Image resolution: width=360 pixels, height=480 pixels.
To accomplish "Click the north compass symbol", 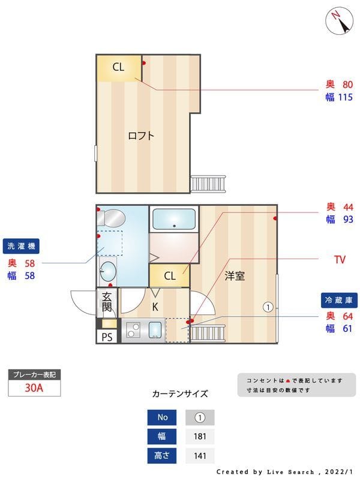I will point(339,21).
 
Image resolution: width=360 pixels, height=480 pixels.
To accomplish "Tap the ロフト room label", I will point(141,135).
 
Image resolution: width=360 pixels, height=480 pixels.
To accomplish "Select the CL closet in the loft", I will point(119,68).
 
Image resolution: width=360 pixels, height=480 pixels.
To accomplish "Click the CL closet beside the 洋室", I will point(170,276).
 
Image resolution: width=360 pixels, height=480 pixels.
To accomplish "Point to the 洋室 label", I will point(235,276).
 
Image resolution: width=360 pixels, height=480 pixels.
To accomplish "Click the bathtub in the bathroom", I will point(174,219).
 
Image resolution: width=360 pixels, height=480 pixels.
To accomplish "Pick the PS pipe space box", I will point(107,337).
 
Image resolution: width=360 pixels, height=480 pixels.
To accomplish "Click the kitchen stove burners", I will point(133,331).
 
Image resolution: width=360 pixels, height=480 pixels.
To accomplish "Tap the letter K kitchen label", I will point(155,307).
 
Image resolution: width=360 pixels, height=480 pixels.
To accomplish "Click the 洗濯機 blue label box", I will point(22,245).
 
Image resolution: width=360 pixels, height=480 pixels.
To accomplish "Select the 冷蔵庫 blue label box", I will point(338,299).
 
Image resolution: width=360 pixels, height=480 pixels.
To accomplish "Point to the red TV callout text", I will point(340,260).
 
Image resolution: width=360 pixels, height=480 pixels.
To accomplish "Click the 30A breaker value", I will point(34,388).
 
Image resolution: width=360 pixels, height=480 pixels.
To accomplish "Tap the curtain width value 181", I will point(200,436).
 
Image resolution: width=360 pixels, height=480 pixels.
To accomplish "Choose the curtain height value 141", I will point(200,455).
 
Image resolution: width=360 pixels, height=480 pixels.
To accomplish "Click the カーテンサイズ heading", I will point(180,394).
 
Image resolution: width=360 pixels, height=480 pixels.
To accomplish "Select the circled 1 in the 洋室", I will point(268,307).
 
